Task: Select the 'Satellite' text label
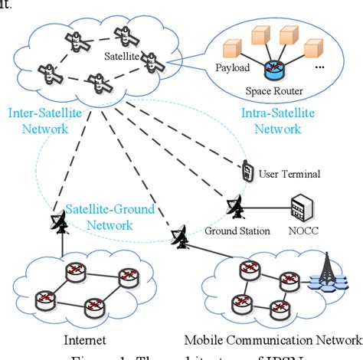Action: tap(119, 56)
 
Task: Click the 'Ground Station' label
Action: tap(237, 231)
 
